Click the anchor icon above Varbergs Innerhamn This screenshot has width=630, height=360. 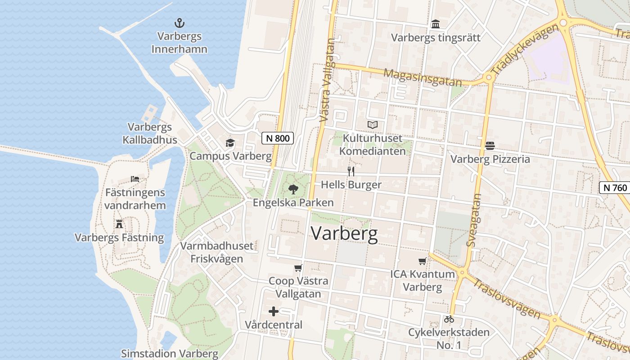[x=180, y=23]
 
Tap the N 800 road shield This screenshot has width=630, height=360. [x=278, y=138]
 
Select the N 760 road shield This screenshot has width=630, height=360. [x=614, y=188]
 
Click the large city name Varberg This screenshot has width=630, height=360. [x=344, y=234]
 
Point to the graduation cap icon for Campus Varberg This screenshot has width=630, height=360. [x=230, y=143]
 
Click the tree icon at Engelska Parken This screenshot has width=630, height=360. [x=293, y=189]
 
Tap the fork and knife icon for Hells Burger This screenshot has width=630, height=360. [x=351, y=171]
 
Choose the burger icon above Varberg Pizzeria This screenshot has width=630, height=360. [x=490, y=146]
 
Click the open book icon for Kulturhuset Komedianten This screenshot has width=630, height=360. [x=373, y=125]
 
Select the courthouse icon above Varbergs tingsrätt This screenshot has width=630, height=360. [x=436, y=24]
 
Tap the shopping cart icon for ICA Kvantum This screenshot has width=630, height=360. [x=422, y=261]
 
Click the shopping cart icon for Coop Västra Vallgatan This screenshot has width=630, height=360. [x=298, y=268]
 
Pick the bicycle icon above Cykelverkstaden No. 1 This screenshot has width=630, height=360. [x=449, y=319]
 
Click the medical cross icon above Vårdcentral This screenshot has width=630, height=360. [x=274, y=311]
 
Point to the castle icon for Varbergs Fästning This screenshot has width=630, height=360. [x=119, y=224]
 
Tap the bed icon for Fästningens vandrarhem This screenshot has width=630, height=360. [x=135, y=179]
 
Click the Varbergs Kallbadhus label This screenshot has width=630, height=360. [x=150, y=134]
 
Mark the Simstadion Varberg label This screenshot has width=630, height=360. [x=170, y=354]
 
